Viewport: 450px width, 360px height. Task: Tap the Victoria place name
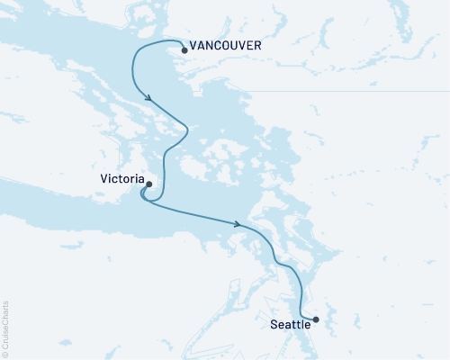pos(121,179)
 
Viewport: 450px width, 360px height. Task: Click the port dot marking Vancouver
pos(184,50)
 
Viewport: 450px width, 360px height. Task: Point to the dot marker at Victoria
pos(148,184)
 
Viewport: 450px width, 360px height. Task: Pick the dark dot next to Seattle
pos(315,319)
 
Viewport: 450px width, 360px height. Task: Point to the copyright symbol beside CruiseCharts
pos(4,354)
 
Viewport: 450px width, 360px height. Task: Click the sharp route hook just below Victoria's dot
pos(143,199)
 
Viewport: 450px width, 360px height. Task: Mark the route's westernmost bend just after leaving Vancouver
pos(133,63)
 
